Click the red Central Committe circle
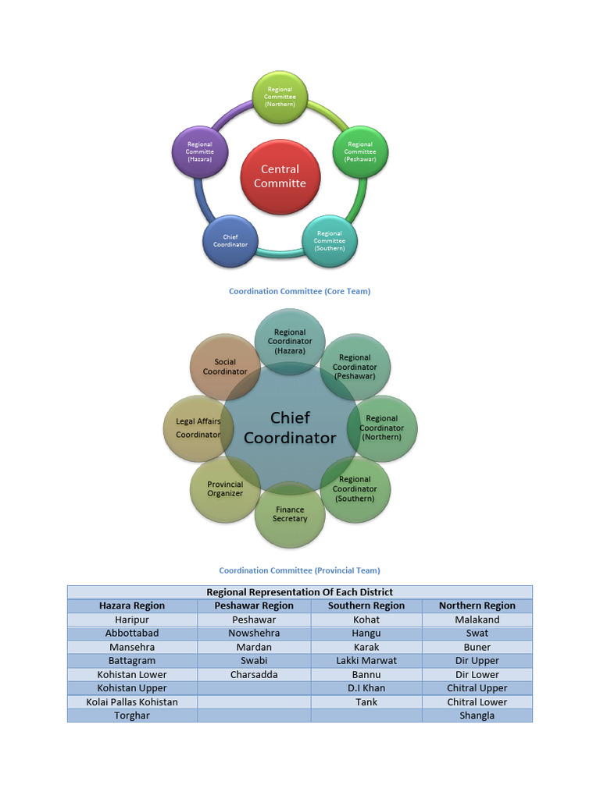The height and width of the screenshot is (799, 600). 280,176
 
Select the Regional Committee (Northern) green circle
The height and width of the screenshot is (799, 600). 280,97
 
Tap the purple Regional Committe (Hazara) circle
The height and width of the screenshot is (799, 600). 199,151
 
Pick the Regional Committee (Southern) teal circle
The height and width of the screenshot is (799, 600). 329,240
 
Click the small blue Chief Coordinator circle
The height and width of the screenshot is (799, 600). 230,240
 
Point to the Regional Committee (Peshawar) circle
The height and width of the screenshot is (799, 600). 360,151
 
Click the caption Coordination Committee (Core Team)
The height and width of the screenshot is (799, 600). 299,291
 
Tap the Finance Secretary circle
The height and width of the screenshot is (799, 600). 290,514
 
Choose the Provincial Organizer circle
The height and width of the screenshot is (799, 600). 224,489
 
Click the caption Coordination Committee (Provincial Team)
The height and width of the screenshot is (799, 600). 299,570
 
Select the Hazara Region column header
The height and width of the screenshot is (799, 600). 132,605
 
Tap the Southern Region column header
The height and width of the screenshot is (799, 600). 366,605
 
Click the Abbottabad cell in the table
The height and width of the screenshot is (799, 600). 132,633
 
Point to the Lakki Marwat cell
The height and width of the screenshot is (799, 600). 366,660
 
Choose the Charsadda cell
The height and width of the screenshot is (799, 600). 254,674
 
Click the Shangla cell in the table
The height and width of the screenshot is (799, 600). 477,716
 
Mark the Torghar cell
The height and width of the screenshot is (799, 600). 132,716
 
